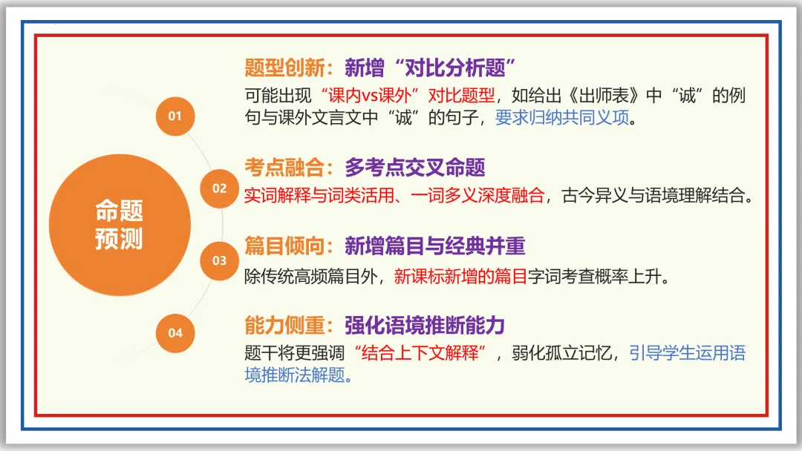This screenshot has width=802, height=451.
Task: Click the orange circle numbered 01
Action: [x=175, y=116]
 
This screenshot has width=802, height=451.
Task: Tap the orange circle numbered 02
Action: [x=219, y=188]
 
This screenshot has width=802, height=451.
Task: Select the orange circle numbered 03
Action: [x=219, y=260]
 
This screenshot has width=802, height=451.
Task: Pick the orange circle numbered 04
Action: [x=175, y=332]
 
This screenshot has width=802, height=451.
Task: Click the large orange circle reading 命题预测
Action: [x=119, y=225]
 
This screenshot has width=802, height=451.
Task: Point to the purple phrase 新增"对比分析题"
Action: [x=431, y=68]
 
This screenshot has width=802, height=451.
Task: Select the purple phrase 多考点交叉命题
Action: [x=414, y=167]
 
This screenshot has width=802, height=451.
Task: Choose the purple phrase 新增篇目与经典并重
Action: [x=435, y=246]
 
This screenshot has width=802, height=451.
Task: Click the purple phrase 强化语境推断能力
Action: [x=425, y=324]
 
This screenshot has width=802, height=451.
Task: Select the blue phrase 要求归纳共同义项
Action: [x=562, y=118]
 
